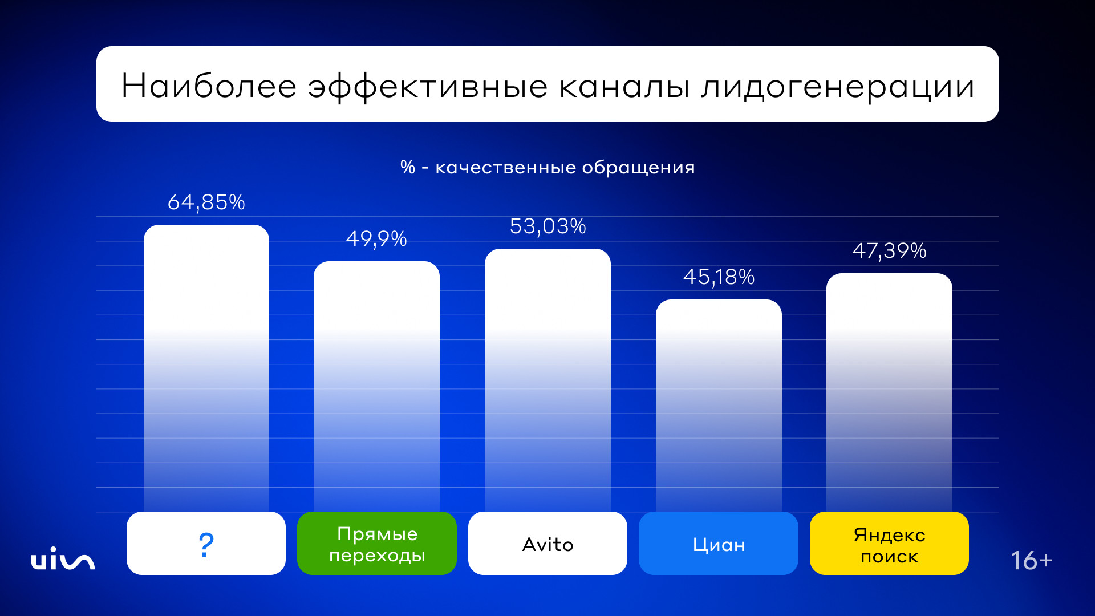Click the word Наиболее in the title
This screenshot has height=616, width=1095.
[x=209, y=86]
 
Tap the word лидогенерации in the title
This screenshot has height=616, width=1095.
[x=838, y=87]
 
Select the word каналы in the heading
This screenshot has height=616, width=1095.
[x=624, y=87]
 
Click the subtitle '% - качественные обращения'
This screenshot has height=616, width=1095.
[x=547, y=167]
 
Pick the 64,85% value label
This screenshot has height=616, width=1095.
[x=206, y=202]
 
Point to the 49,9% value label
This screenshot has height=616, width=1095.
[x=376, y=238]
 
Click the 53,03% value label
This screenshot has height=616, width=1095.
[x=547, y=226]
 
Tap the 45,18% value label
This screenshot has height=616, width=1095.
[x=719, y=277]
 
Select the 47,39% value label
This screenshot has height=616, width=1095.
[x=889, y=250]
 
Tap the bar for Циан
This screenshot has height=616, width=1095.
[x=719, y=405]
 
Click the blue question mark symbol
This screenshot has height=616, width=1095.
[x=206, y=545]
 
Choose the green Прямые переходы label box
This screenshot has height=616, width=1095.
[x=376, y=544]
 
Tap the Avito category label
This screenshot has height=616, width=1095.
[x=547, y=545]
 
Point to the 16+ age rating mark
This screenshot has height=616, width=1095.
[x=1031, y=561]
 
